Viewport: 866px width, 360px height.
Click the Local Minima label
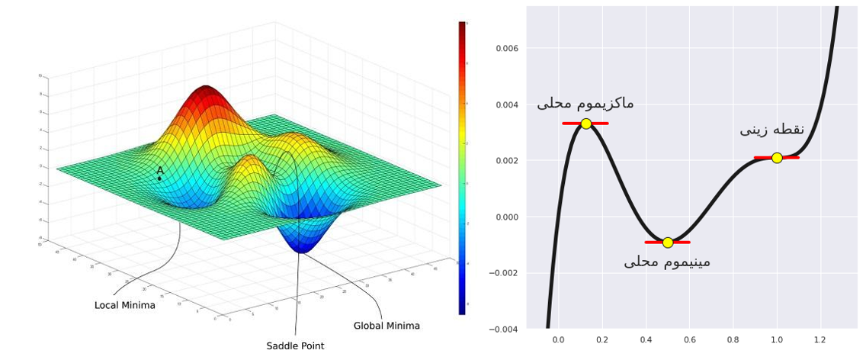(125, 306)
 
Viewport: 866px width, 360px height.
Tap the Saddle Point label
(295, 346)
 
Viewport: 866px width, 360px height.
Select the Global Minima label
(386, 326)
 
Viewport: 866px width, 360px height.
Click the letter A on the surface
(160, 171)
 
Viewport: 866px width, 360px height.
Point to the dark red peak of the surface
(204, 91)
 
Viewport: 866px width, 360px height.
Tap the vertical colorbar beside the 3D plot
(462, 168)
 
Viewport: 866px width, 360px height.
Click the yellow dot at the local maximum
(585, 124)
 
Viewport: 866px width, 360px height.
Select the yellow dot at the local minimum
(668, 243)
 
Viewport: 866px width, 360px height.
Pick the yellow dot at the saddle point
(777, 158)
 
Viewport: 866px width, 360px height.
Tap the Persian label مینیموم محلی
(667, 262)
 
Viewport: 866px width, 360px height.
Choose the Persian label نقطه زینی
(771, 130)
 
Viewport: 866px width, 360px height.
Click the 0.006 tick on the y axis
(508, 49)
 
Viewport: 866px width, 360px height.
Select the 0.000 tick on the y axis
(508, 217)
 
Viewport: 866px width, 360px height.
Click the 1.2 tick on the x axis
(820, 340)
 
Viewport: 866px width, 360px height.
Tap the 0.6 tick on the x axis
(689, 340)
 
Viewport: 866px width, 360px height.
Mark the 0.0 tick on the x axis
(559, 340)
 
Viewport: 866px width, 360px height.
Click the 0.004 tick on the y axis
(508, 105)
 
